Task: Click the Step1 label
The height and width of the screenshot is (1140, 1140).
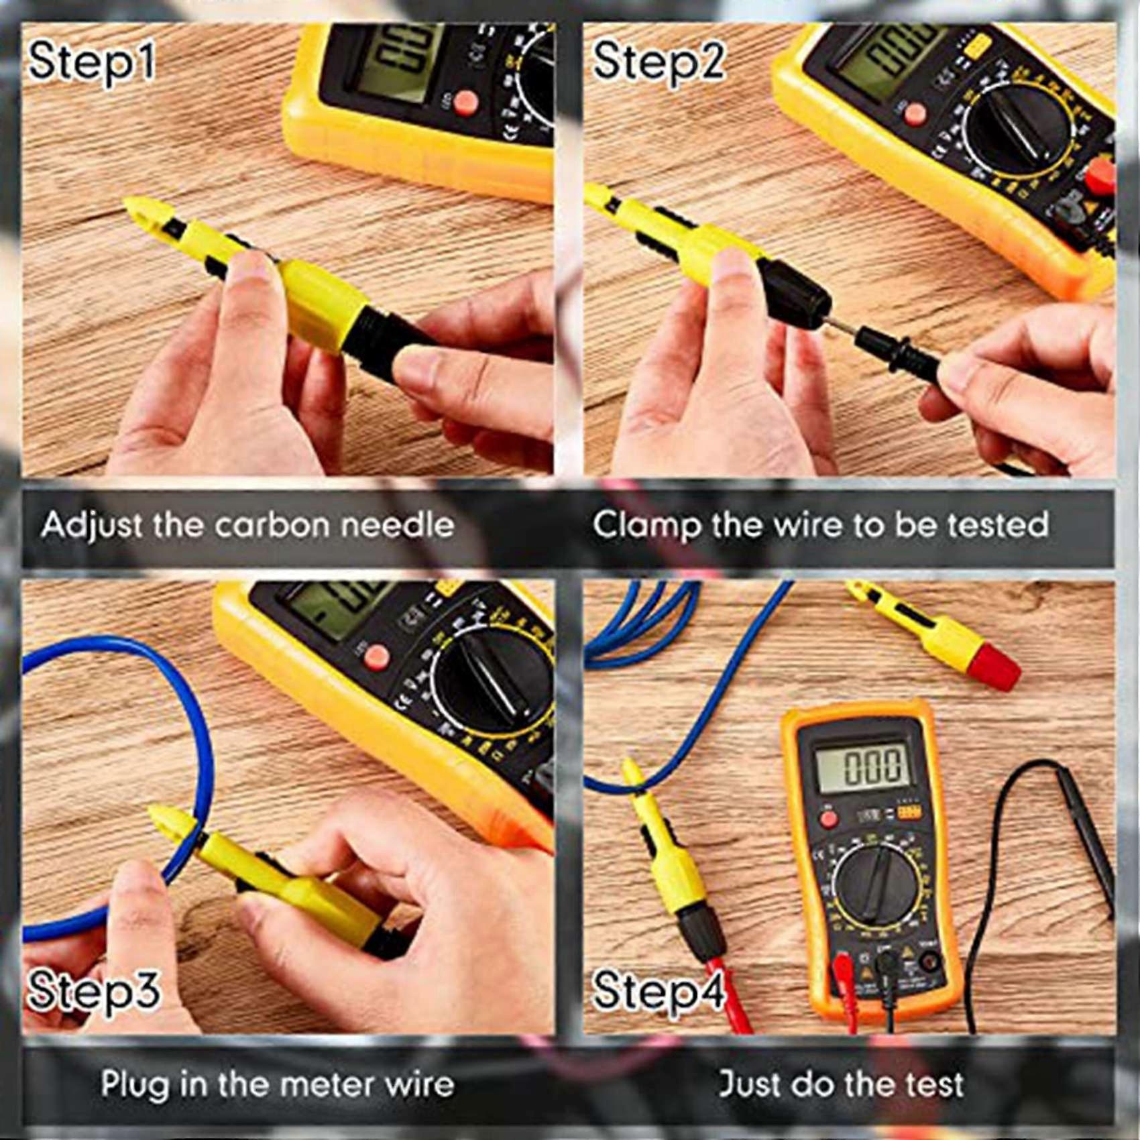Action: click(92, 62)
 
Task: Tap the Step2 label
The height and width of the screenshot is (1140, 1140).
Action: click(659, 62)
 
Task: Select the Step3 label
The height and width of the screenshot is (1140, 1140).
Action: click(94, 990)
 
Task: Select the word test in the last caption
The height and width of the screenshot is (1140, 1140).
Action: click(934, 1084)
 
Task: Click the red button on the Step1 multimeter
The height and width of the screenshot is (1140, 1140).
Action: click(465, 103)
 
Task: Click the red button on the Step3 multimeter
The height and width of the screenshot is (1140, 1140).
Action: click(376, 657)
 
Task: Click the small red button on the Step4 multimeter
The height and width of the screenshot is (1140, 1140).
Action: click(829, 819)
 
